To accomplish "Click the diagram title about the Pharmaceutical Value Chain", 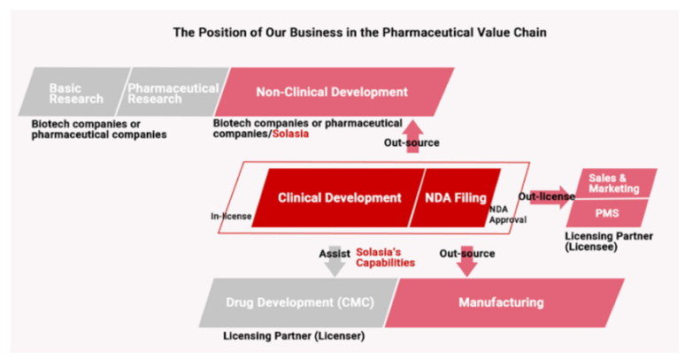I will pos(342,34).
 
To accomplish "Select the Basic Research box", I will pos(75,92).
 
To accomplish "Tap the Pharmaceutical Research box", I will pos(173,92).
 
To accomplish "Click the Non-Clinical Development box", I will pos(332,92).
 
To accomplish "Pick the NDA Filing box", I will pos(453,197).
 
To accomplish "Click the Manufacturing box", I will pos(501,303).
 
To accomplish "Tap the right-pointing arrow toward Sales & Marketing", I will pos(550,196).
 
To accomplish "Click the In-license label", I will pos(226,215).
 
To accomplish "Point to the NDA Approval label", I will pos(508,215).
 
